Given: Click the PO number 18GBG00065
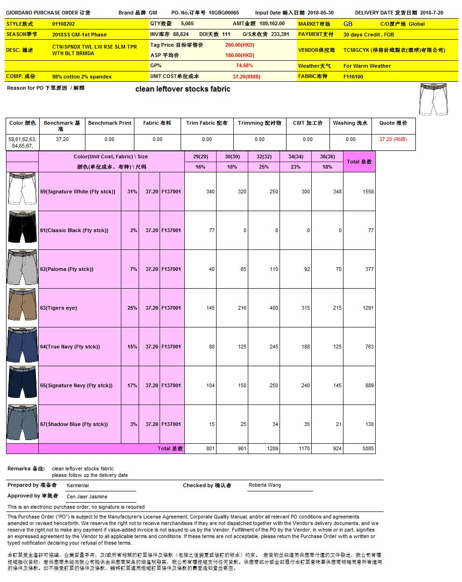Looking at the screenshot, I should [224, 13].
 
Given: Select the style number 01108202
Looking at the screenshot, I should [63, 24].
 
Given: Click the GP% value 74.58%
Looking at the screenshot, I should [244, 66].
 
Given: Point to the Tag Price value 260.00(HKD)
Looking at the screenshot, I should [239, 45].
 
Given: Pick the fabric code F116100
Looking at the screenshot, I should [353, 77].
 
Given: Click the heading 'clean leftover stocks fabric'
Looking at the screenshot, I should [182, 89].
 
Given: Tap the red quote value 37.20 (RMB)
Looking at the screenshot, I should [393, 139].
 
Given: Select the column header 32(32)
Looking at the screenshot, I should [264, 157].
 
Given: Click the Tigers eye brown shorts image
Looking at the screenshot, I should [22, 308].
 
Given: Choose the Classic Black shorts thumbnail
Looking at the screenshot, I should [22, 230].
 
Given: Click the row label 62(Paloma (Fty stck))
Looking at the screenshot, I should [67, 270].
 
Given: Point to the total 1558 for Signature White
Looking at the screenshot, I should [368, 192].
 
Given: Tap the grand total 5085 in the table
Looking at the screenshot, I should [368, 449].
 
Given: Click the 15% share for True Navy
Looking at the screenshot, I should [132, 347].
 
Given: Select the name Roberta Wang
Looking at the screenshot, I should [265, 485].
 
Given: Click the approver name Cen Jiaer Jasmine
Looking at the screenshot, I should [87, 497].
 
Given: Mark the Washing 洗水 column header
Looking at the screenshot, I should [350, 123].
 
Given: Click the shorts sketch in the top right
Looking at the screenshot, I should [433, 99].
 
